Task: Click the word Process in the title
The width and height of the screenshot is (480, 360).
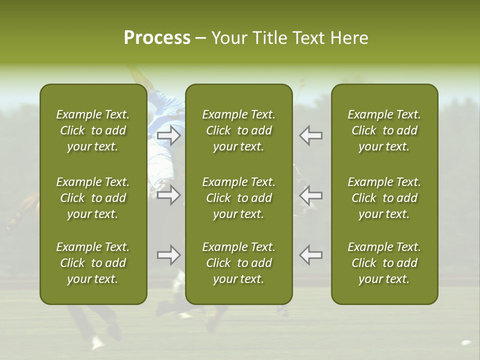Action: click(157, 38)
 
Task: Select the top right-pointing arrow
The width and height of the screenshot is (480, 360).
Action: click(168, 135)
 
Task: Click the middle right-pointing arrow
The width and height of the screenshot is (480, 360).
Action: click(168, 195)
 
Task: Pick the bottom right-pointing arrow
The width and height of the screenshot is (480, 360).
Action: click(168, 255)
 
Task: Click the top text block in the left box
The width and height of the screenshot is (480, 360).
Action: click(93, 130)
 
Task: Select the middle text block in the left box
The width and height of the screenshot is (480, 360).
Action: click(93, 198)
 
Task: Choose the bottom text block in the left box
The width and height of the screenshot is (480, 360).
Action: click(93, 263)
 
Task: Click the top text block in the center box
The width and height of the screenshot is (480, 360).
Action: click(238, 130)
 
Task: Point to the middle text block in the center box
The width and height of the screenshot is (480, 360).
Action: click(238, 198)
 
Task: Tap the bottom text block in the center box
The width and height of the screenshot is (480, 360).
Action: click(238, 263)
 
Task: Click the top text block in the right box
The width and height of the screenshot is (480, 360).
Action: click(384, 130)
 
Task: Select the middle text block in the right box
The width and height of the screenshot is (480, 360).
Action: click(384, 198)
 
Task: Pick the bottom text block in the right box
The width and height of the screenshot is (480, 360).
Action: click(384, 263)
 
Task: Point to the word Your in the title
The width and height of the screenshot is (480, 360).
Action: click(228, 38)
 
